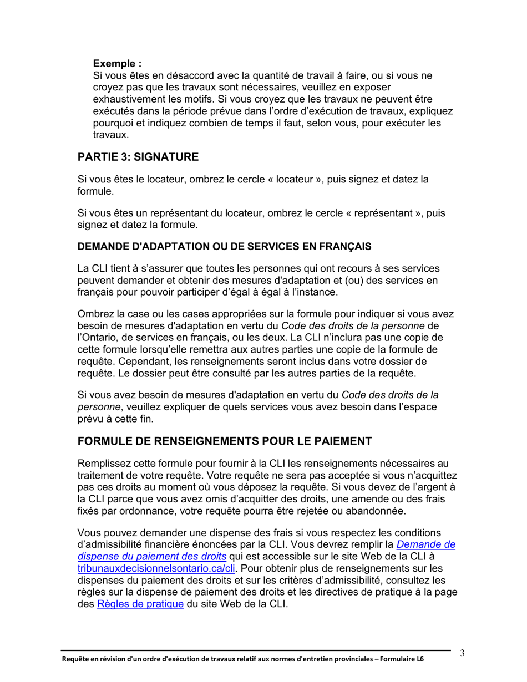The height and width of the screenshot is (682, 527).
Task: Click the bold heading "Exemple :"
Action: (117, 64)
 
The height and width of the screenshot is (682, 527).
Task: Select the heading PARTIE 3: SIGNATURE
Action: (138, 157)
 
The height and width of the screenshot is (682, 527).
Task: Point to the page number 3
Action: (462, 653)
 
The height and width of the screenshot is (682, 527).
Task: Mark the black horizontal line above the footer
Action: (255, 650)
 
